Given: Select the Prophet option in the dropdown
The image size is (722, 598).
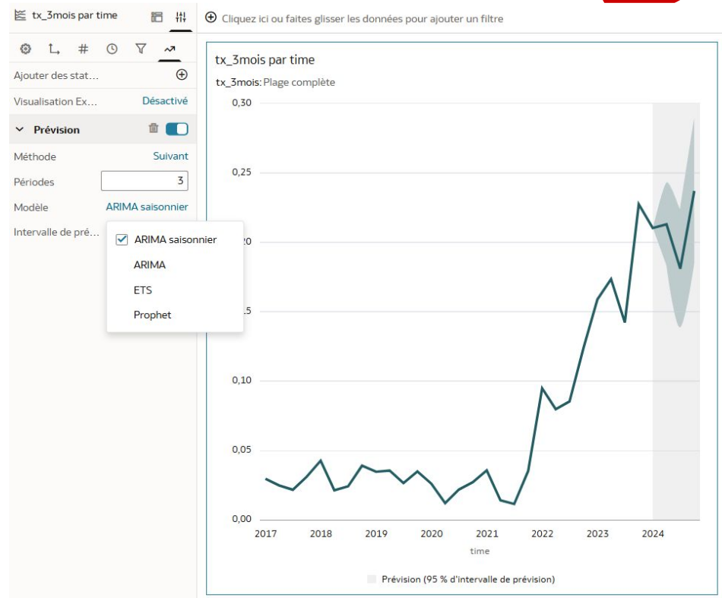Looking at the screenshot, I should tap(152, 315).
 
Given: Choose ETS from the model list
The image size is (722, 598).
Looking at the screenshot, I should tap(143, 290).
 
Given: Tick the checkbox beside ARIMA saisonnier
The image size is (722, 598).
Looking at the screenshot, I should tap(122, 239).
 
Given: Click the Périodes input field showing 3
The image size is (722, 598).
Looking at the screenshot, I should tap(144, 182).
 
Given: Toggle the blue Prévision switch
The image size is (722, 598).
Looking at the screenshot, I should tap(176, 129).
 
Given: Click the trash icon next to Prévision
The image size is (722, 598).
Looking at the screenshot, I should tap(154, 129).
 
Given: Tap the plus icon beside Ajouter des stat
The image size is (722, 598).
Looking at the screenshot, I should tap(181, 75).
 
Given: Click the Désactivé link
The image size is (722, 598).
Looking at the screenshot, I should tap(165, 101).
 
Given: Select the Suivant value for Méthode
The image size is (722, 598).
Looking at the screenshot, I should tap(170, 156).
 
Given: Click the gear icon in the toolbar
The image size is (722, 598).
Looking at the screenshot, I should tap(25, 49).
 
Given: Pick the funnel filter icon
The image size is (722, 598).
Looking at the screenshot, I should tap(141, 49).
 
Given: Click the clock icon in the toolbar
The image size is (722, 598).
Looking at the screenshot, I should tap(112, 49).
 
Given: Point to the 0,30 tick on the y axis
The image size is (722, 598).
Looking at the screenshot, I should tap(240, 103).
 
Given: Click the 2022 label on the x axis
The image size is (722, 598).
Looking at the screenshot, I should tap(543, 533).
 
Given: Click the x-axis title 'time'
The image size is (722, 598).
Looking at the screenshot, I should tap(480, 551).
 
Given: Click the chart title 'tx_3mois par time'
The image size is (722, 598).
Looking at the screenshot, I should tap(265, 60).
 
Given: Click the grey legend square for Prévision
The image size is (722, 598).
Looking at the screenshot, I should tap(372, 579).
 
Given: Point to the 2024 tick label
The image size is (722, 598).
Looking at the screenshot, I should tap(653, 533).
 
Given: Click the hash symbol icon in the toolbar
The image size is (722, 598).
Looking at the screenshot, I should tap(83, 49).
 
